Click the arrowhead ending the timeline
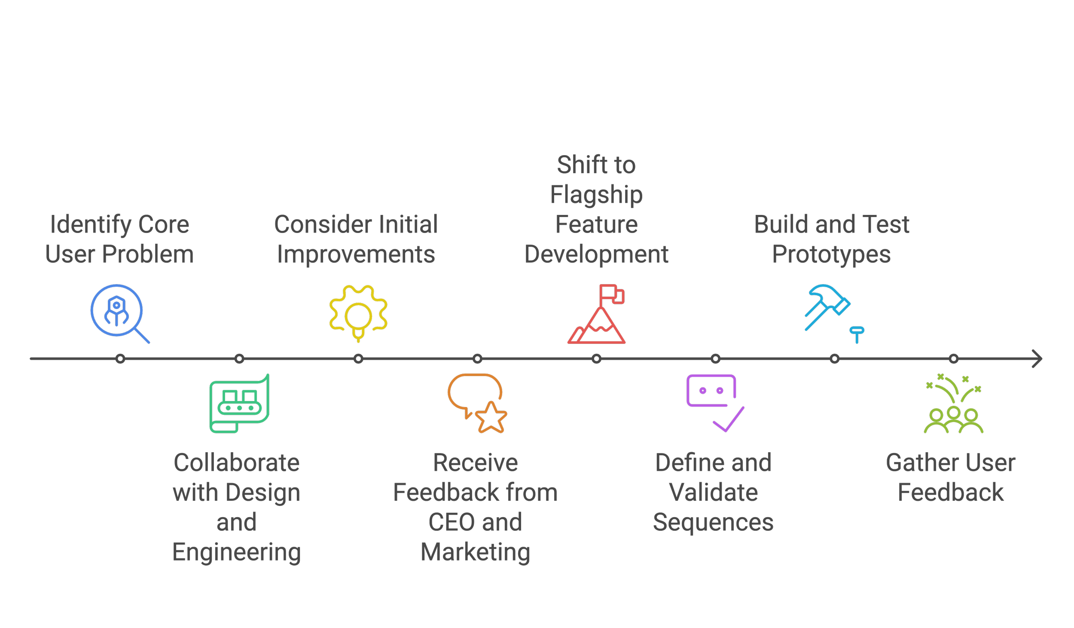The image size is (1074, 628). (x=1037, y=358)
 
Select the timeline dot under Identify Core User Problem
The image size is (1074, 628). (x=120, y=358)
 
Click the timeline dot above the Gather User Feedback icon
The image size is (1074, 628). (x=954, y=358)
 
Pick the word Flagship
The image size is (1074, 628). (x=597, y=195)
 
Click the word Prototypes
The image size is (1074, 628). (x=831, y=254)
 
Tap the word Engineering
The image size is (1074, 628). (x=236, y=552)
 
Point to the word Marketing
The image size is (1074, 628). (x=476, y=552)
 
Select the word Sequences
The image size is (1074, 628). (x=713, y=522)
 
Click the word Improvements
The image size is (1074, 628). (x=356, y=254)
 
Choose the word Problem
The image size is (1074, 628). (x=148, y=254)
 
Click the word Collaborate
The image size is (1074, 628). (x=236, y=463)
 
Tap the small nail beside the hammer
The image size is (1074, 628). (x=857, y=334)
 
